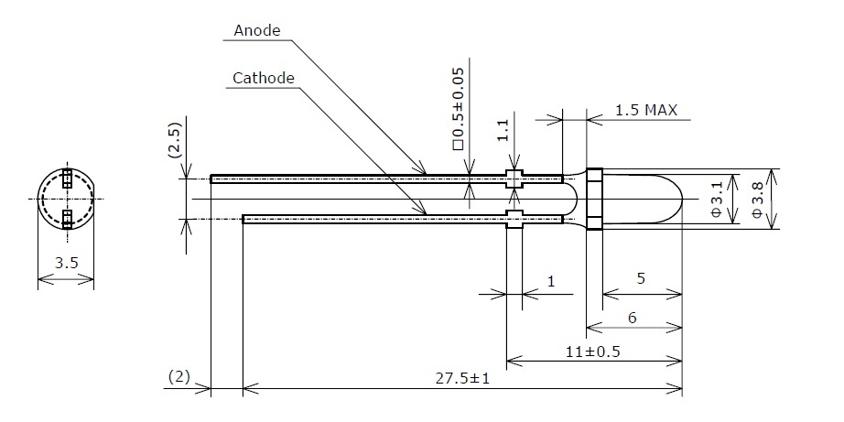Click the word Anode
pyautogui.click(x=256, y=31)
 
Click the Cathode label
pyautogui.click(x=264, y=79)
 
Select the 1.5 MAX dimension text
pyautogui.click(x=646, y=111)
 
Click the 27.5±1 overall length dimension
pyautogui.click(x=462, y=378)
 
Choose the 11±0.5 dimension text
pyautogui.click(x=592, y=352)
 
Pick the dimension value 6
pyautogui.click(x=633, y=319)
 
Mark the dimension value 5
pyautogui.click(x=641, y=279)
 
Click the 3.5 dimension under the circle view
pyautogui.click(x=66, y=264)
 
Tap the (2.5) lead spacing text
pyautogui.click(x=176, y=140)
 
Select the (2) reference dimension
pyautogui.click(x=179, y=377)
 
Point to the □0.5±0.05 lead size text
pyautogui.click(x=459, y=109)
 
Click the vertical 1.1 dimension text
pyautogui.click(x=503, y=130)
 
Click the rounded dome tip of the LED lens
pyautogui.click(x=681, y=200)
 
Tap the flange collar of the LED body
pyautogui.click(x=594, y=200)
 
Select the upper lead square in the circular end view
pyautogui.click(x=67, y=179)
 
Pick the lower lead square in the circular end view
pyautogui.click(x=67, y=219)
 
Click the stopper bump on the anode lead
pyautogui.click(x=514, y=179)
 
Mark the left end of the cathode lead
pyautogui.click(x=243, y=219)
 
